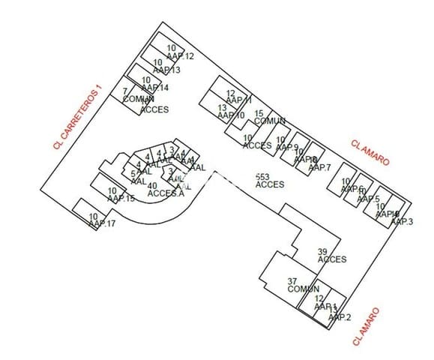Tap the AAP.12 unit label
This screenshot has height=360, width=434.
181,55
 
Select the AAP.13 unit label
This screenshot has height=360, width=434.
166,70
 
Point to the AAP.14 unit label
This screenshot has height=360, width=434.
154,87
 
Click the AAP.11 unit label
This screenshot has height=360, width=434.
238,100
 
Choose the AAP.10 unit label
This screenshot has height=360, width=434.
231,115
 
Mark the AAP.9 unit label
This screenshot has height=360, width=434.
287,147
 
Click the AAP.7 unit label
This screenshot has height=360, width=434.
319,166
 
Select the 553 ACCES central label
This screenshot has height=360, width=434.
270,181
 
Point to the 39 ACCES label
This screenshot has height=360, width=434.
331,256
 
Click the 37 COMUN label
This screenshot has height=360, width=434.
303,285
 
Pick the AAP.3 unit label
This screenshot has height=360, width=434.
402,221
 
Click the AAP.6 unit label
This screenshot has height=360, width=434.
352,188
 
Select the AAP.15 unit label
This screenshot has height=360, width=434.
121,198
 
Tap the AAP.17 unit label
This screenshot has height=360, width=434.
101,223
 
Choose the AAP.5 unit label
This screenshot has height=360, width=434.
368,199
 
